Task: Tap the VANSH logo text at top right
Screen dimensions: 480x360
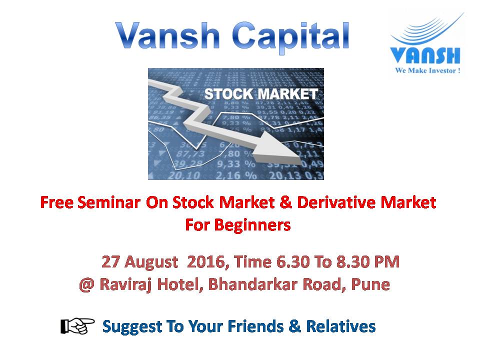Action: (x=425, y=55)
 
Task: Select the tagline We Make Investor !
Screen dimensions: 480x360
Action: (x=427, y=70)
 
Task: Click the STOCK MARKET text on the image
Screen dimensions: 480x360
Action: (x=261, y=94)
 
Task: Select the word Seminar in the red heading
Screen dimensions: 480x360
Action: (x=109, y=202)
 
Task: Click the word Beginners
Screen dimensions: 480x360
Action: (x=252, y=225)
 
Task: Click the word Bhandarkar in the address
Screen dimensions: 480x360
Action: (x=253, y=284)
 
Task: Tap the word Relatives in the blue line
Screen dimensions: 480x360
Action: (x=340, y=326)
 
